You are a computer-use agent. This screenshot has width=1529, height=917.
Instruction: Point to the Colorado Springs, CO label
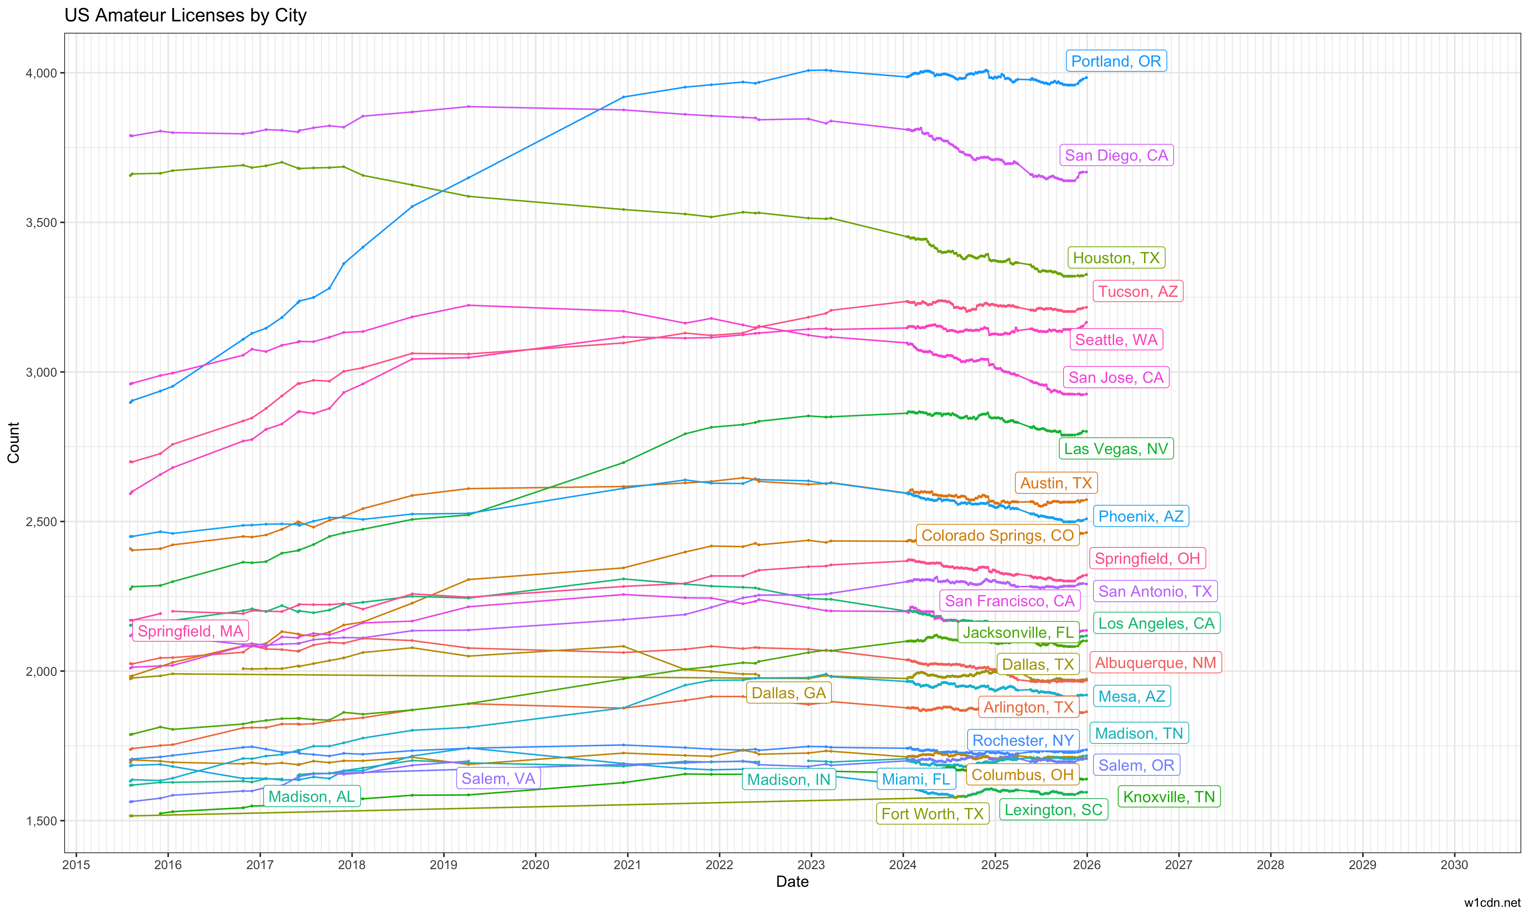pos(998,535)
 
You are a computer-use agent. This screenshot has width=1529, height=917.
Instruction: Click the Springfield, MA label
pos(190,631)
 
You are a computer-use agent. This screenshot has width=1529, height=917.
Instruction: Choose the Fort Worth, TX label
pos(932,814)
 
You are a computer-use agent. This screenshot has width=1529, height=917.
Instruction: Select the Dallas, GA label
pos(789,693)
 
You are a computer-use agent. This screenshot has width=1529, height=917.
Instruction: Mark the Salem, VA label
pos(498,778)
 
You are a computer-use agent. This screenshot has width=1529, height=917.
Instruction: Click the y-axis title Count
pos(14,443)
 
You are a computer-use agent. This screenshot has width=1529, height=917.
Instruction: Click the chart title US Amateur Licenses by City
pos(186,15)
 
